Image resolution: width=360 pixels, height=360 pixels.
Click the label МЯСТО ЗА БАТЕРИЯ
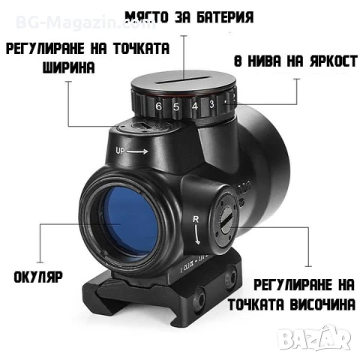pyautogui.click(x=188, y=16)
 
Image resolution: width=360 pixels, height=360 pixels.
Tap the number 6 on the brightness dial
pyautogui.click(x=158, y=106)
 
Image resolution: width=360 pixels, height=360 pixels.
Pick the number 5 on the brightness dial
pyautogui.click(x=176, y=106)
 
